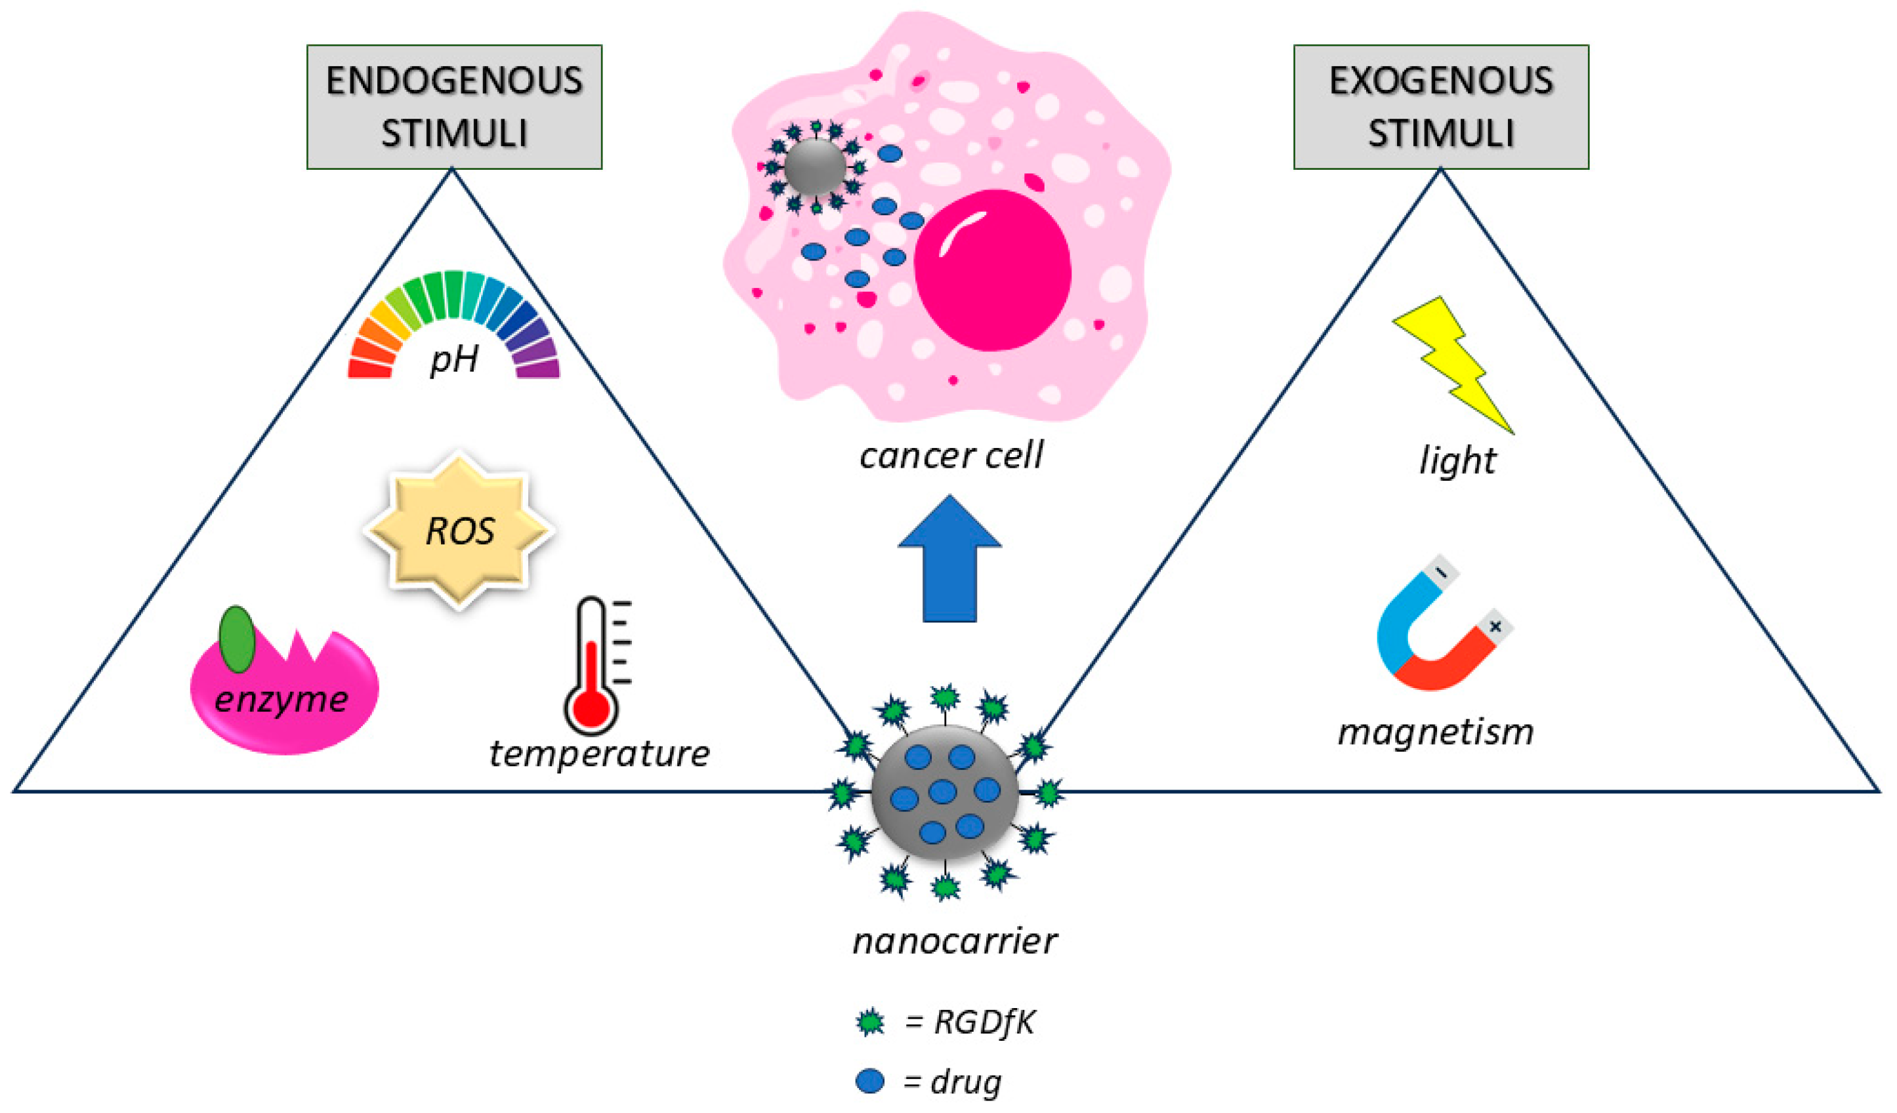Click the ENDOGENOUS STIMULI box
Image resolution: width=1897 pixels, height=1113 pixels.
[454, 106]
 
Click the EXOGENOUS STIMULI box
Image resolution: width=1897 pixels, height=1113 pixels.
[1440, 106]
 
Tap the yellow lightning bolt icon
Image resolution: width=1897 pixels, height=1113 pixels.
[1453, 361]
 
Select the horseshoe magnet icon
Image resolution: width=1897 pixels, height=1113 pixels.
[1434, 639]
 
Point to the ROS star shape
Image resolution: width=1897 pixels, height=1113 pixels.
[459, 530]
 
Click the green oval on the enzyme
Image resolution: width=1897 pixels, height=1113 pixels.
[237, 639]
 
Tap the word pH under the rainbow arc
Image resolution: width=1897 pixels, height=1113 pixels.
[454, 359]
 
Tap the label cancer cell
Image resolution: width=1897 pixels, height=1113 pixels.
[951, 455]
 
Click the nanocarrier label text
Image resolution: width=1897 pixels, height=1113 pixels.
[955, 941]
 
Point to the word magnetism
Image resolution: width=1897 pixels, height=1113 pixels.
[1436, 731]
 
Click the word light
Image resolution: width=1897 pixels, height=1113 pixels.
[1457, 460]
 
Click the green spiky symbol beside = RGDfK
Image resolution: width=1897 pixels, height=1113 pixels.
[870, 1022]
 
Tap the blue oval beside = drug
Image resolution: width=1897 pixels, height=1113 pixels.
[869, 1082]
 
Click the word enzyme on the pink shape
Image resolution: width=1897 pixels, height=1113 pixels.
[281, 700]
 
